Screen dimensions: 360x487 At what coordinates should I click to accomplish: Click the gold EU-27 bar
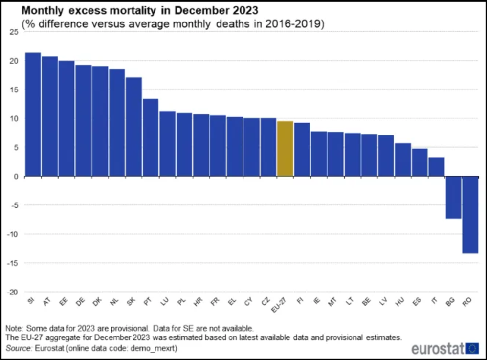point(285,149)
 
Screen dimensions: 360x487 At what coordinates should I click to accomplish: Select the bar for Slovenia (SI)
point(33,114)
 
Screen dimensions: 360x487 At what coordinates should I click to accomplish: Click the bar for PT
point(151,137)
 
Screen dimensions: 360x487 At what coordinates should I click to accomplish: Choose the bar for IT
point(437,167)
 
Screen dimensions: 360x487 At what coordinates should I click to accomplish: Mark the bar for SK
point(133,127)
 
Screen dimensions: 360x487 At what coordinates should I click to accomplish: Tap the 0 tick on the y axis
point(16,177)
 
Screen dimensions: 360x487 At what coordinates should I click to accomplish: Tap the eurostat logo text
point(437,349)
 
